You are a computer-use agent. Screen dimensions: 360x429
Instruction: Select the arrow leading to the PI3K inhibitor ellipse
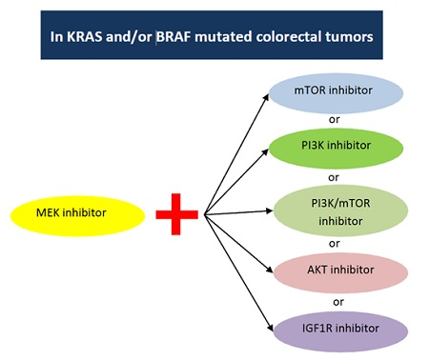238,182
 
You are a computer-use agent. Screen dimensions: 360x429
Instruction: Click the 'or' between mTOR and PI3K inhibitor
333,121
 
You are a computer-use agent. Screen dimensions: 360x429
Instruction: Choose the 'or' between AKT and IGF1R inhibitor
333,302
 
